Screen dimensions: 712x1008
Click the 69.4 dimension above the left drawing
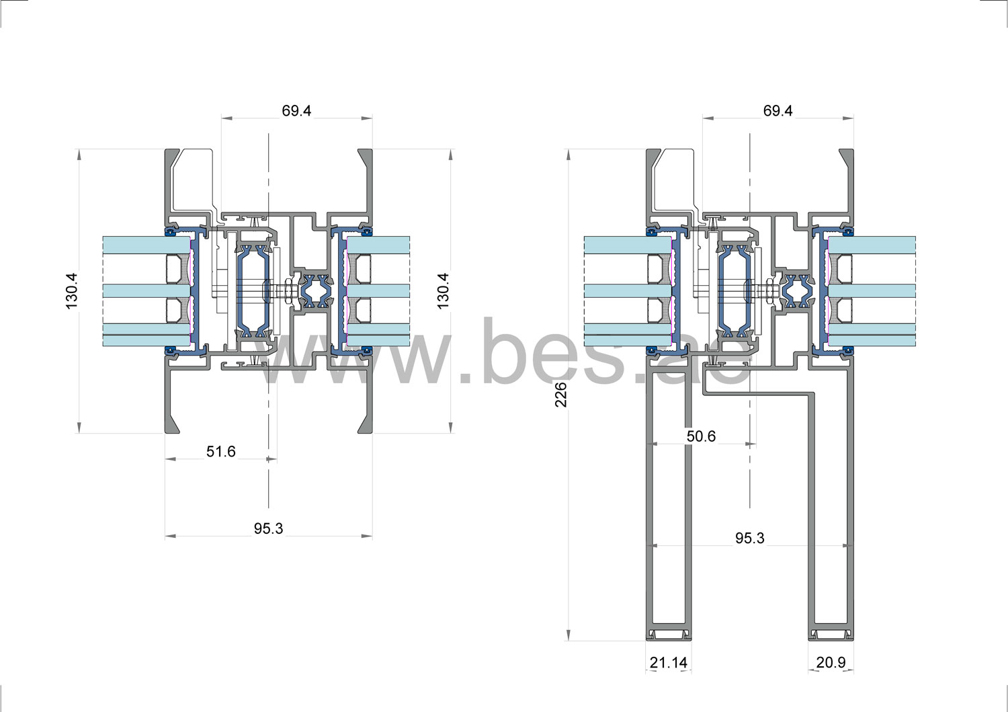pyautogui.click(x=296, y=111)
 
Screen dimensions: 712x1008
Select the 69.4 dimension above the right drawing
pyautogui.click(x=778, y=111)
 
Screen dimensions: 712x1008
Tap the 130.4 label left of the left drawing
pyautogui.click(x=73, y=290)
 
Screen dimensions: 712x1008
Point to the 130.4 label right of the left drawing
pyautogui.click(x=443, y=290)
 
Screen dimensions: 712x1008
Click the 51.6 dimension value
pyautogui.click(x=220, y=452)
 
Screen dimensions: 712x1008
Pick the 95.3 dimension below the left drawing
pyautogui.click(x=268, y=529)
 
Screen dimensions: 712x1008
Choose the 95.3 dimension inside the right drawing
pyautogui.click(x=749, y=539)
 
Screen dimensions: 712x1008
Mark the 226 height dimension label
pyautogui.click(x=561, y=395)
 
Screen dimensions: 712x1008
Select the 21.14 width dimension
pyautogui.click(x=668, y=663)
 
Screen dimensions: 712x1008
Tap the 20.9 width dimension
pyautogui.click(x=831, y=663)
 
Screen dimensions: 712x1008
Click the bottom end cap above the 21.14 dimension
pyautogui.click(x=668, y=634)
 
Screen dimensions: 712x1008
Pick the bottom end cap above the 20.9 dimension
pyautogui.click(x=831, y=634)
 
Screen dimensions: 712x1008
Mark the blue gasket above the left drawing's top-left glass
pyautogui.click(x=170, y=233)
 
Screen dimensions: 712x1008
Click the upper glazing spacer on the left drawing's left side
pyautogui.click(x=177, y=268)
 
